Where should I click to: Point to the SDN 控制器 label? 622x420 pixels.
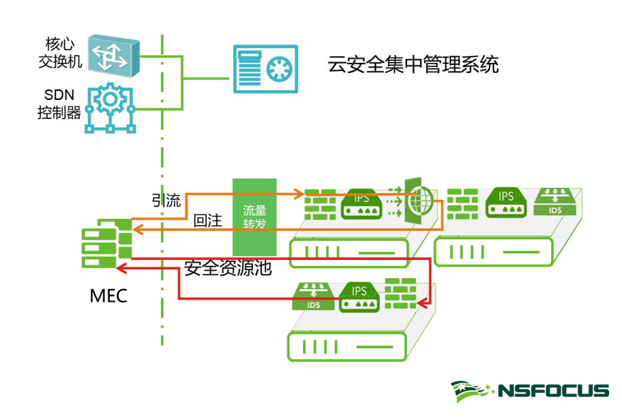click(59, 103)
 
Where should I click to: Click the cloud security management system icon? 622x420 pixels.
click(265, 68)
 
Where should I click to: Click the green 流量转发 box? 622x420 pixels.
click(254, 216)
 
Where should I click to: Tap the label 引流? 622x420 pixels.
click(166, 201)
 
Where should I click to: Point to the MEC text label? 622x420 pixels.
click(108, 296)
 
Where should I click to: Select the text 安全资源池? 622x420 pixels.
click(228, 269)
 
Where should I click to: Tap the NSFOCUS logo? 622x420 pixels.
click(530, 391)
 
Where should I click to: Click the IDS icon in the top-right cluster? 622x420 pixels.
click(556, 201)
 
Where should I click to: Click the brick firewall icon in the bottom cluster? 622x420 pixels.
click(400, 294)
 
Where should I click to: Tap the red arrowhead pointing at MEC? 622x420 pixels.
click(121, 269)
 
